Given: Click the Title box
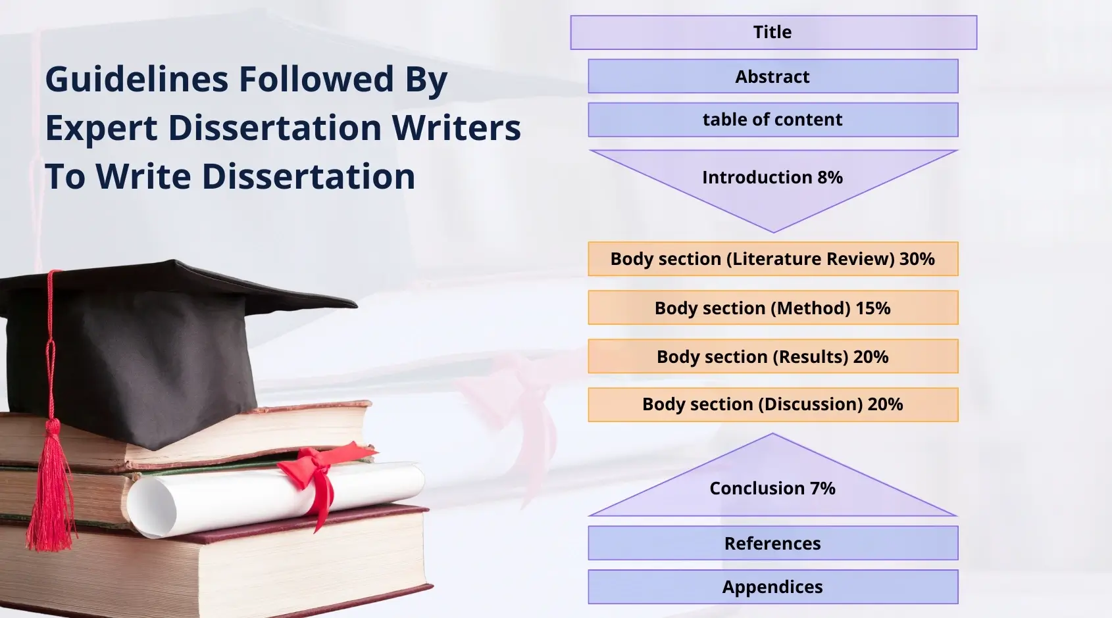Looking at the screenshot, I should pos(773,32).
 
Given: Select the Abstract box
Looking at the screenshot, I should pos(773,76).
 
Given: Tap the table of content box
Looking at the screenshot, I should pos(773,120).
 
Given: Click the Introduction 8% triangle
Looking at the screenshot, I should pos(773,181).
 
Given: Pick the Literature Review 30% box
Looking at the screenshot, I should pos(773,259).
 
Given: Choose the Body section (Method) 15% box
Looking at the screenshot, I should pos(773,308).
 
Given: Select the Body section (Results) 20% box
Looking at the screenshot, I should pos(773,356).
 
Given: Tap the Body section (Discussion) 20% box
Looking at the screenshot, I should pos(773,404).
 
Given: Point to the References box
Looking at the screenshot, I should pos(773,543).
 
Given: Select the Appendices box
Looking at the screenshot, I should pos(773,586).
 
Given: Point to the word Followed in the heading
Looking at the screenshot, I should pos(316,80).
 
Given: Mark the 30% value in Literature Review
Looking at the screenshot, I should pos(917,259).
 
